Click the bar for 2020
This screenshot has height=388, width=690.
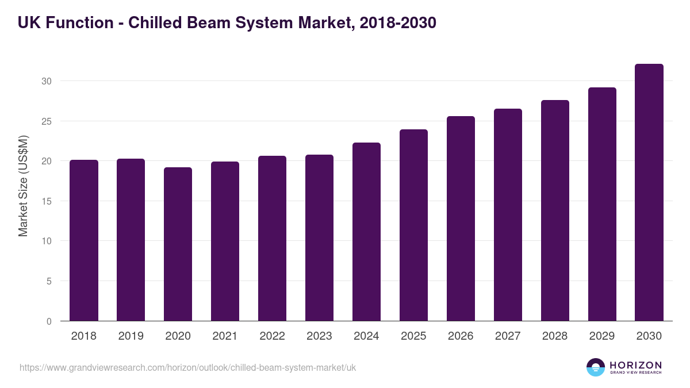[178, 244]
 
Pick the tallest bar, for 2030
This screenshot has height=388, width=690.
[649, 193]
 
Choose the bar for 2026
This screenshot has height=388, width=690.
[461, 218]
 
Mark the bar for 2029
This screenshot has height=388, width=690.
[602, 204]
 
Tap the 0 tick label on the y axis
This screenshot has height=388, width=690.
[49, 321]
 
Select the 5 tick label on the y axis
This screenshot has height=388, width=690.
[49, 281]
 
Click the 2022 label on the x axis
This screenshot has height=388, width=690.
[272, 336]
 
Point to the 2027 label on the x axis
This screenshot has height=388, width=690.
[508, 336]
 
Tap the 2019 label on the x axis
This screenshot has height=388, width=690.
[131, 336]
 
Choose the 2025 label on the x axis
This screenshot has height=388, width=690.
[413, 336]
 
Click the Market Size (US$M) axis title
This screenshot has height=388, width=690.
[23, 186]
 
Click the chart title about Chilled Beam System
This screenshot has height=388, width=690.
[227, 23]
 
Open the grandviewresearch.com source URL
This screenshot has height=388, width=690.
[187, 367]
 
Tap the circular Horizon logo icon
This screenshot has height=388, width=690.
[596, 367]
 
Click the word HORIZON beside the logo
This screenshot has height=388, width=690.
[635, 364]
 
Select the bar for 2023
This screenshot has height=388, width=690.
[319, 238]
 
